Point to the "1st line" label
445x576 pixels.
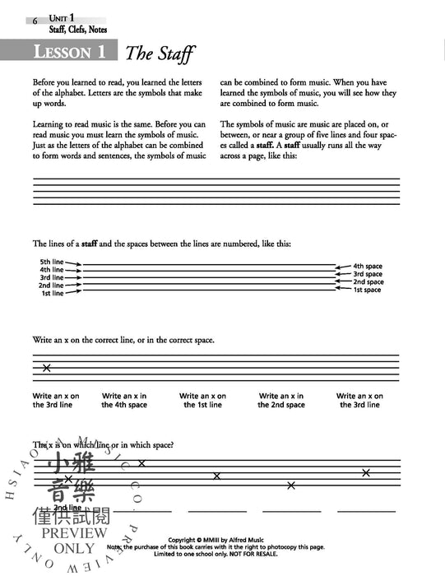[53, 293]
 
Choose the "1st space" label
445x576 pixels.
[368, 290]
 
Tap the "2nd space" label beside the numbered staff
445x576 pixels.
[368, 281]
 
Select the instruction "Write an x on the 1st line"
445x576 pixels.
[202, 401]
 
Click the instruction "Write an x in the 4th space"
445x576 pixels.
[124, 401]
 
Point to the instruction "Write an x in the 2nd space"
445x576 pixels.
[280, 401]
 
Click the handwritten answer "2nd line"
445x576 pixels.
[66, 509]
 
